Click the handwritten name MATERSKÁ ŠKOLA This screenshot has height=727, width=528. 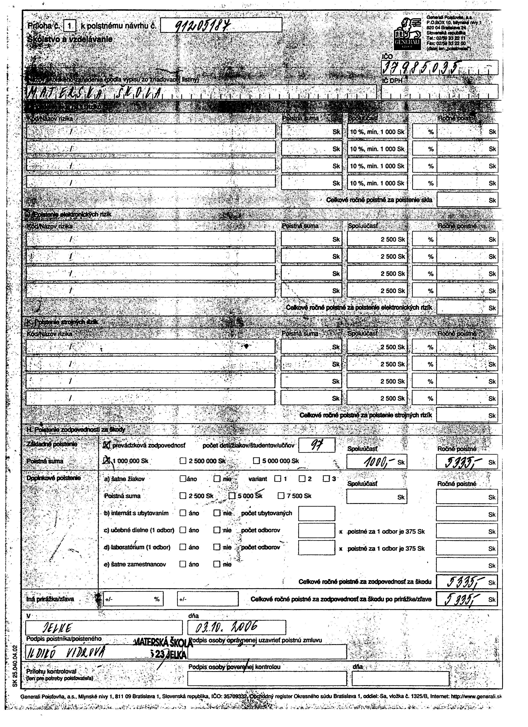coord(95,93)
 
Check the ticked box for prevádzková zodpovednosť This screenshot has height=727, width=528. coord(107,445)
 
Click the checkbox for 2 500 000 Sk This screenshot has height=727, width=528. coord(183,461)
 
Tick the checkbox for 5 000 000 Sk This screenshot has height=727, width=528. coord(257,461)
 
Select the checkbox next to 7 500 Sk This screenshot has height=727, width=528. coord(281,496)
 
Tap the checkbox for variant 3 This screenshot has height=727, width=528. coord(326,479)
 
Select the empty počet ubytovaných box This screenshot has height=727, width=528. coord(316,513)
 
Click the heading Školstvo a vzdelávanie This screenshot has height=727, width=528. coord(70,39)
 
